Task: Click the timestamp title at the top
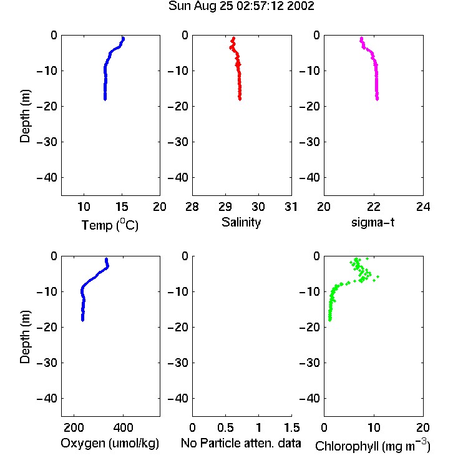pos(241,6)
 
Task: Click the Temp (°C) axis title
pos(110,225)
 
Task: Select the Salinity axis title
pos(241,222)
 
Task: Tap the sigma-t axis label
pos(373,222)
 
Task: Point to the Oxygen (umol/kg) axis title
pos(110,443)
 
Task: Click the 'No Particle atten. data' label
pos(241,443)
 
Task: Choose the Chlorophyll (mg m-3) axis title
pos(373,446)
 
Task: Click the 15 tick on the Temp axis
pos(122,207)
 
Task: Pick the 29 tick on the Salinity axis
pos(225,207)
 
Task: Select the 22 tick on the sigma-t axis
pos(374,207)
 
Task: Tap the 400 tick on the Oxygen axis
pos(123,427)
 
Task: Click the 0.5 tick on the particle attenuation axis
pos(225,427)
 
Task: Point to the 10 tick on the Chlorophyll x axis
pos(374,427)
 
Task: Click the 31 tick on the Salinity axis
pos(291,207)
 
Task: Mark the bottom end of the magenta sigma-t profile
pos(378,99)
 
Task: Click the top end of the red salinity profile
pos(234,37)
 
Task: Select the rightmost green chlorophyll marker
pos(378,277)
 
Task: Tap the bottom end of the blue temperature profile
pos(105,99)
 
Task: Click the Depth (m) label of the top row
pos(25,116)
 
